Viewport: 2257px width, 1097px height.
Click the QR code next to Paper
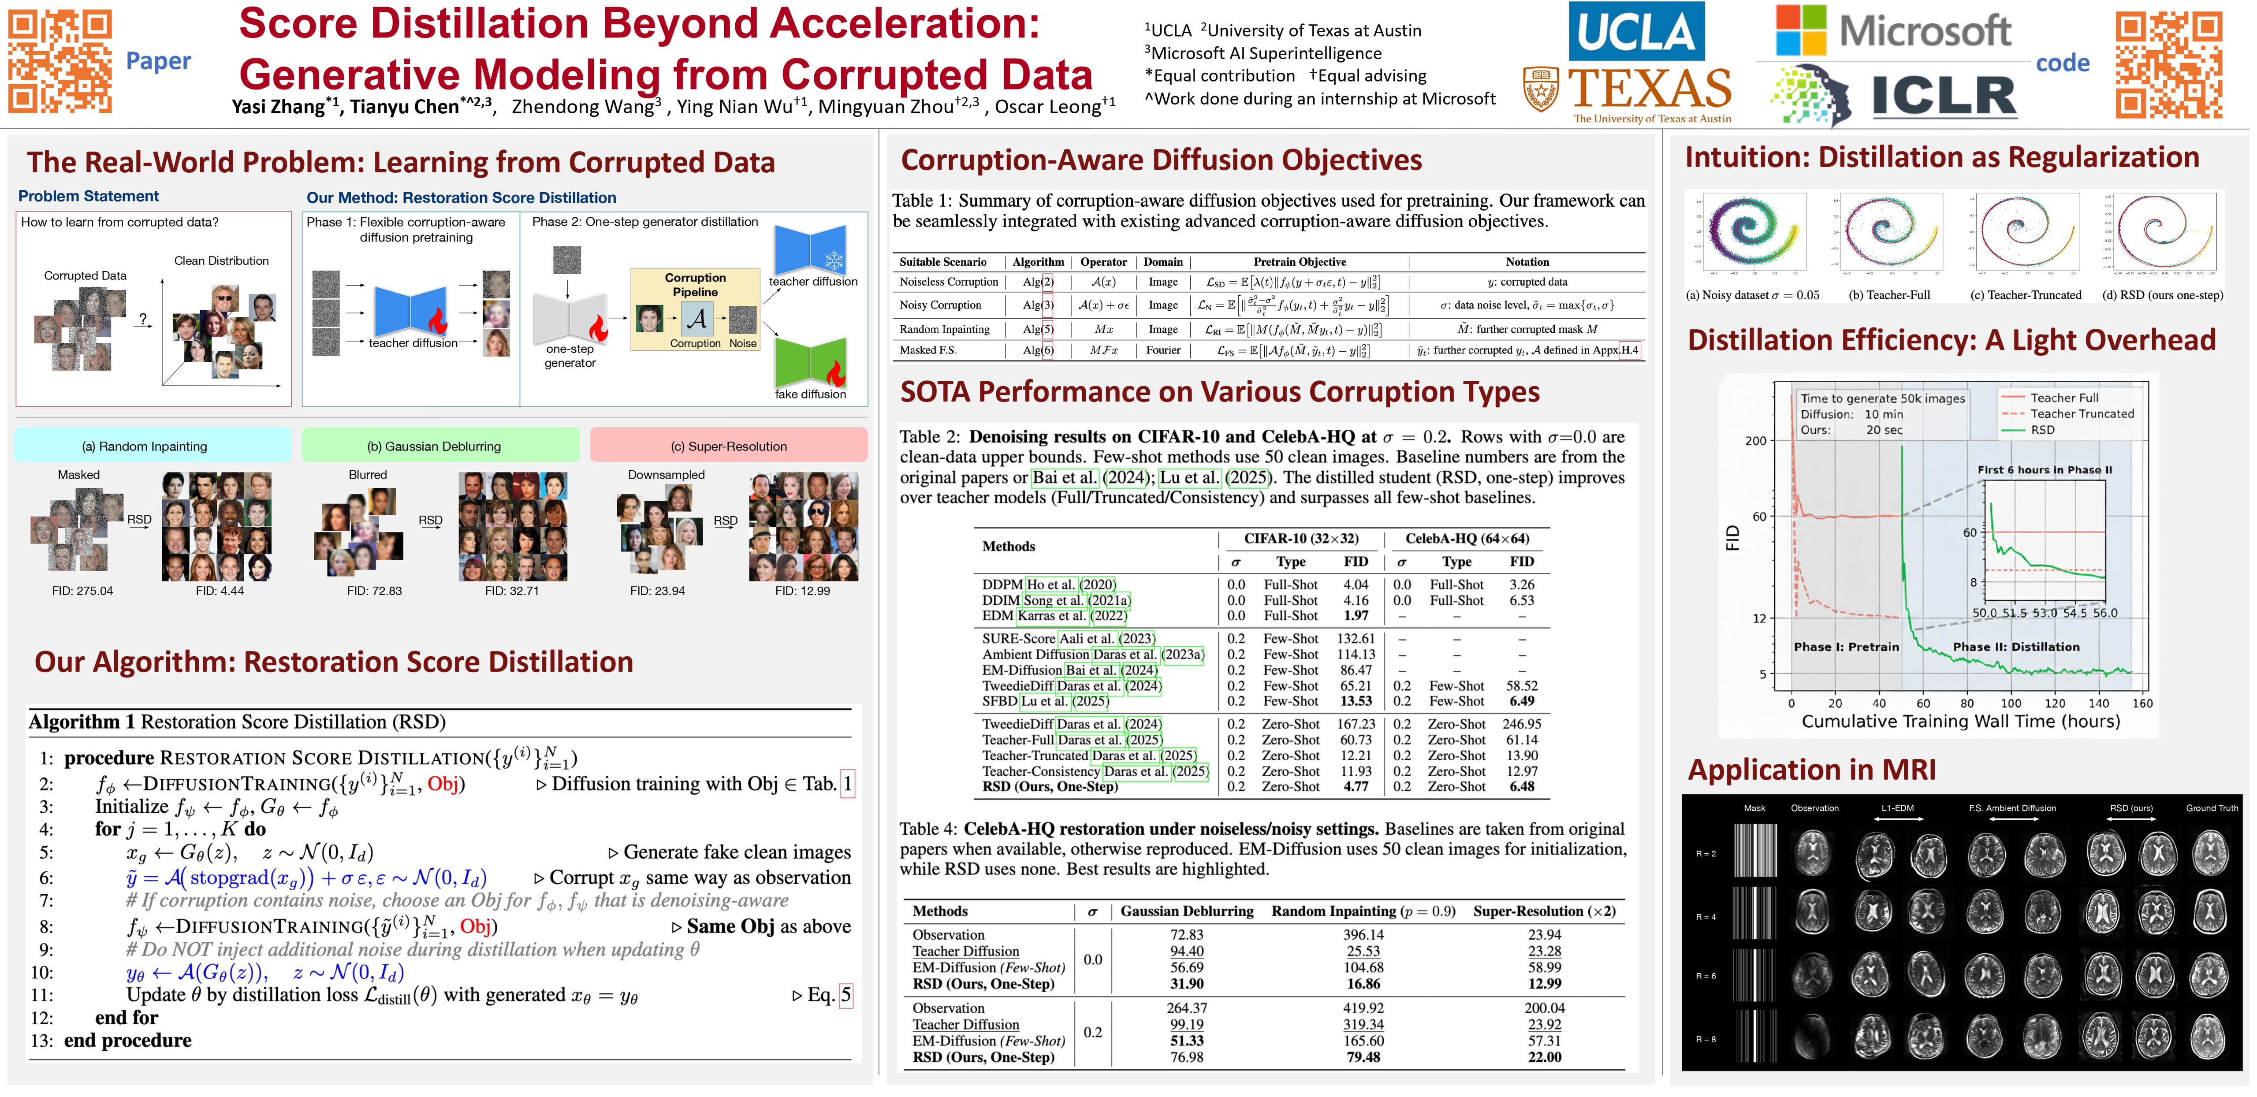tap(60, 61)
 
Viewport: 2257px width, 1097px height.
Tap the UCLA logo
tap(1636, 32)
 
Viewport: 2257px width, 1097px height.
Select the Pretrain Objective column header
tap(1300, 262)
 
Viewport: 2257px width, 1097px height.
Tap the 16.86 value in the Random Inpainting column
tap(1363, 984)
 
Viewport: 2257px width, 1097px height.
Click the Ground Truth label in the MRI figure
tap(2212, 808)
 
